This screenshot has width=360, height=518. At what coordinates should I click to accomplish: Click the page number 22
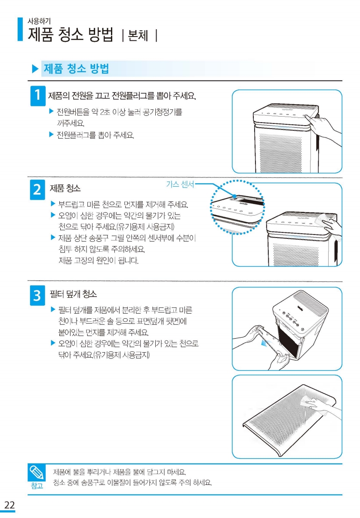pyautogui.click(x=9, y=505)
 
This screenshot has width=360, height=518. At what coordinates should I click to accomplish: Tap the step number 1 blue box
pyautogui.click(x=38, y=96)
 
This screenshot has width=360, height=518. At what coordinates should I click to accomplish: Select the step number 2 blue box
pyautogui.click(x=37, y=190)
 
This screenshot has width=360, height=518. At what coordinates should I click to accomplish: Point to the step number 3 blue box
pyautogui.click(x=37, y=295)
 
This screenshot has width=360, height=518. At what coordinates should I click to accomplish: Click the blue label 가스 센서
pyautogui.click(x=180, y=184)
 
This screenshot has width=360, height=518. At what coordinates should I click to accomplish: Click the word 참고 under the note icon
pyautogui.click(x=37, y=486)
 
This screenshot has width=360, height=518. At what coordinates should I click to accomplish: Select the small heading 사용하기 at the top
pyautogui.click(x=39, y=21)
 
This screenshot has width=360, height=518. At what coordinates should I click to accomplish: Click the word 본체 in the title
pyautogui.click(x=138, y=35)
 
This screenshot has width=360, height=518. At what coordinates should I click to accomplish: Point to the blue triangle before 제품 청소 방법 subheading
pyautogui.click(x=35, y=69)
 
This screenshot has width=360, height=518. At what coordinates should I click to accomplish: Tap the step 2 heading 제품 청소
pyautogui.click(x=65, y=188)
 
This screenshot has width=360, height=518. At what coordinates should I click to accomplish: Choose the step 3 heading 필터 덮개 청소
pyautogui.click(x=73, y=294)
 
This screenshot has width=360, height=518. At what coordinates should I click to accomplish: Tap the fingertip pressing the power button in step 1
pyautogui.click(x=307, y=116)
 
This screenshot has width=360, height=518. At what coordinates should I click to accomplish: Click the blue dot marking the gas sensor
pyautogui.click(x=234, y=196)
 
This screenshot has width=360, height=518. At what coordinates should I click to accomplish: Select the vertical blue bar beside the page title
pyautogui.click(x=20, y=29)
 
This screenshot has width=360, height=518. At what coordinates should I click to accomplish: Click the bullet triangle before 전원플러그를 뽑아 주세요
pyautogui.click(x=51, y=134)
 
